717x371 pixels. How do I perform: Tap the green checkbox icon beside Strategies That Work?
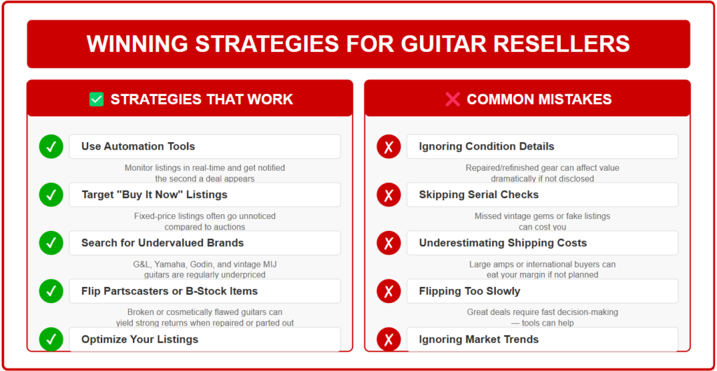97,99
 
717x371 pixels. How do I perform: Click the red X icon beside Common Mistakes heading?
452,99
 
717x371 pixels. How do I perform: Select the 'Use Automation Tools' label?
138,146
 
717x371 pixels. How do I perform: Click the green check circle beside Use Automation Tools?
51,147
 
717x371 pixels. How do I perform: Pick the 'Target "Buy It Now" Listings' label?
155,195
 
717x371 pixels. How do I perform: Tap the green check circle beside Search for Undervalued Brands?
51,243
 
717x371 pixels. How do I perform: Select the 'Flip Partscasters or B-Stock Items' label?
169,291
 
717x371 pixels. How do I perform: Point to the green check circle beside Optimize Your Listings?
51,339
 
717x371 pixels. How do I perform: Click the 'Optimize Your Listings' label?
140,339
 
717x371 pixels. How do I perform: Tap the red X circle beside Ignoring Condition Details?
389,147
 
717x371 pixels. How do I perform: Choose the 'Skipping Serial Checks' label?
479,195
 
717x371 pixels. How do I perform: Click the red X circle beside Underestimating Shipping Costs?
389,243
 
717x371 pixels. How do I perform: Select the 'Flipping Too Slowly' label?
470,291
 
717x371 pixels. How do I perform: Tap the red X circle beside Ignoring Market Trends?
389,339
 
